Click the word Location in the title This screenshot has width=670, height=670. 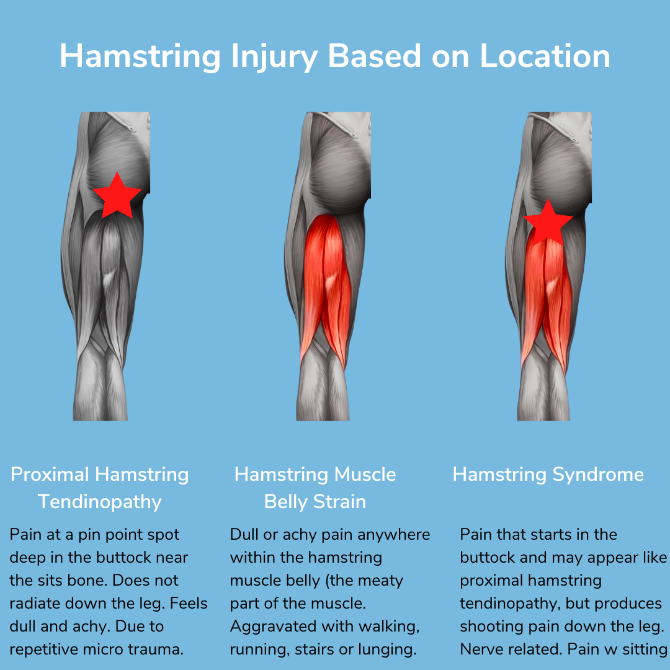[x=545, y=56]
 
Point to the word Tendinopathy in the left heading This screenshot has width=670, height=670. [x=100, y=501]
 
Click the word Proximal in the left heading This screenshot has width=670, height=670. [x=50, y=475]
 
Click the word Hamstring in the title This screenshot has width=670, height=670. [x=140, y=56]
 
